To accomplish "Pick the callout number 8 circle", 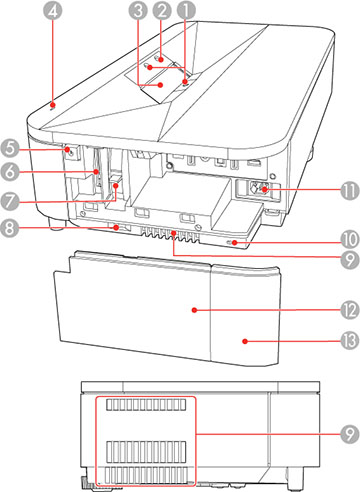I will pos(15,229).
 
